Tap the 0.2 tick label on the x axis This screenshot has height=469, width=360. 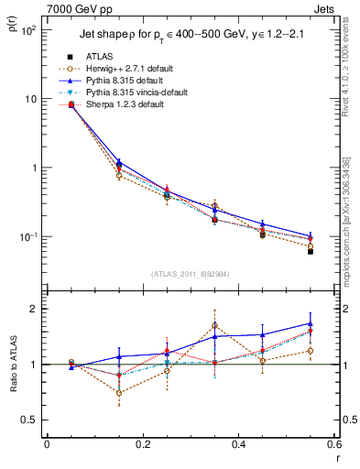coord(142,444)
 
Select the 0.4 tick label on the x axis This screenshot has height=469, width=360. coord(238,444)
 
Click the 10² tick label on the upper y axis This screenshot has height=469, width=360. coord(29,30)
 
